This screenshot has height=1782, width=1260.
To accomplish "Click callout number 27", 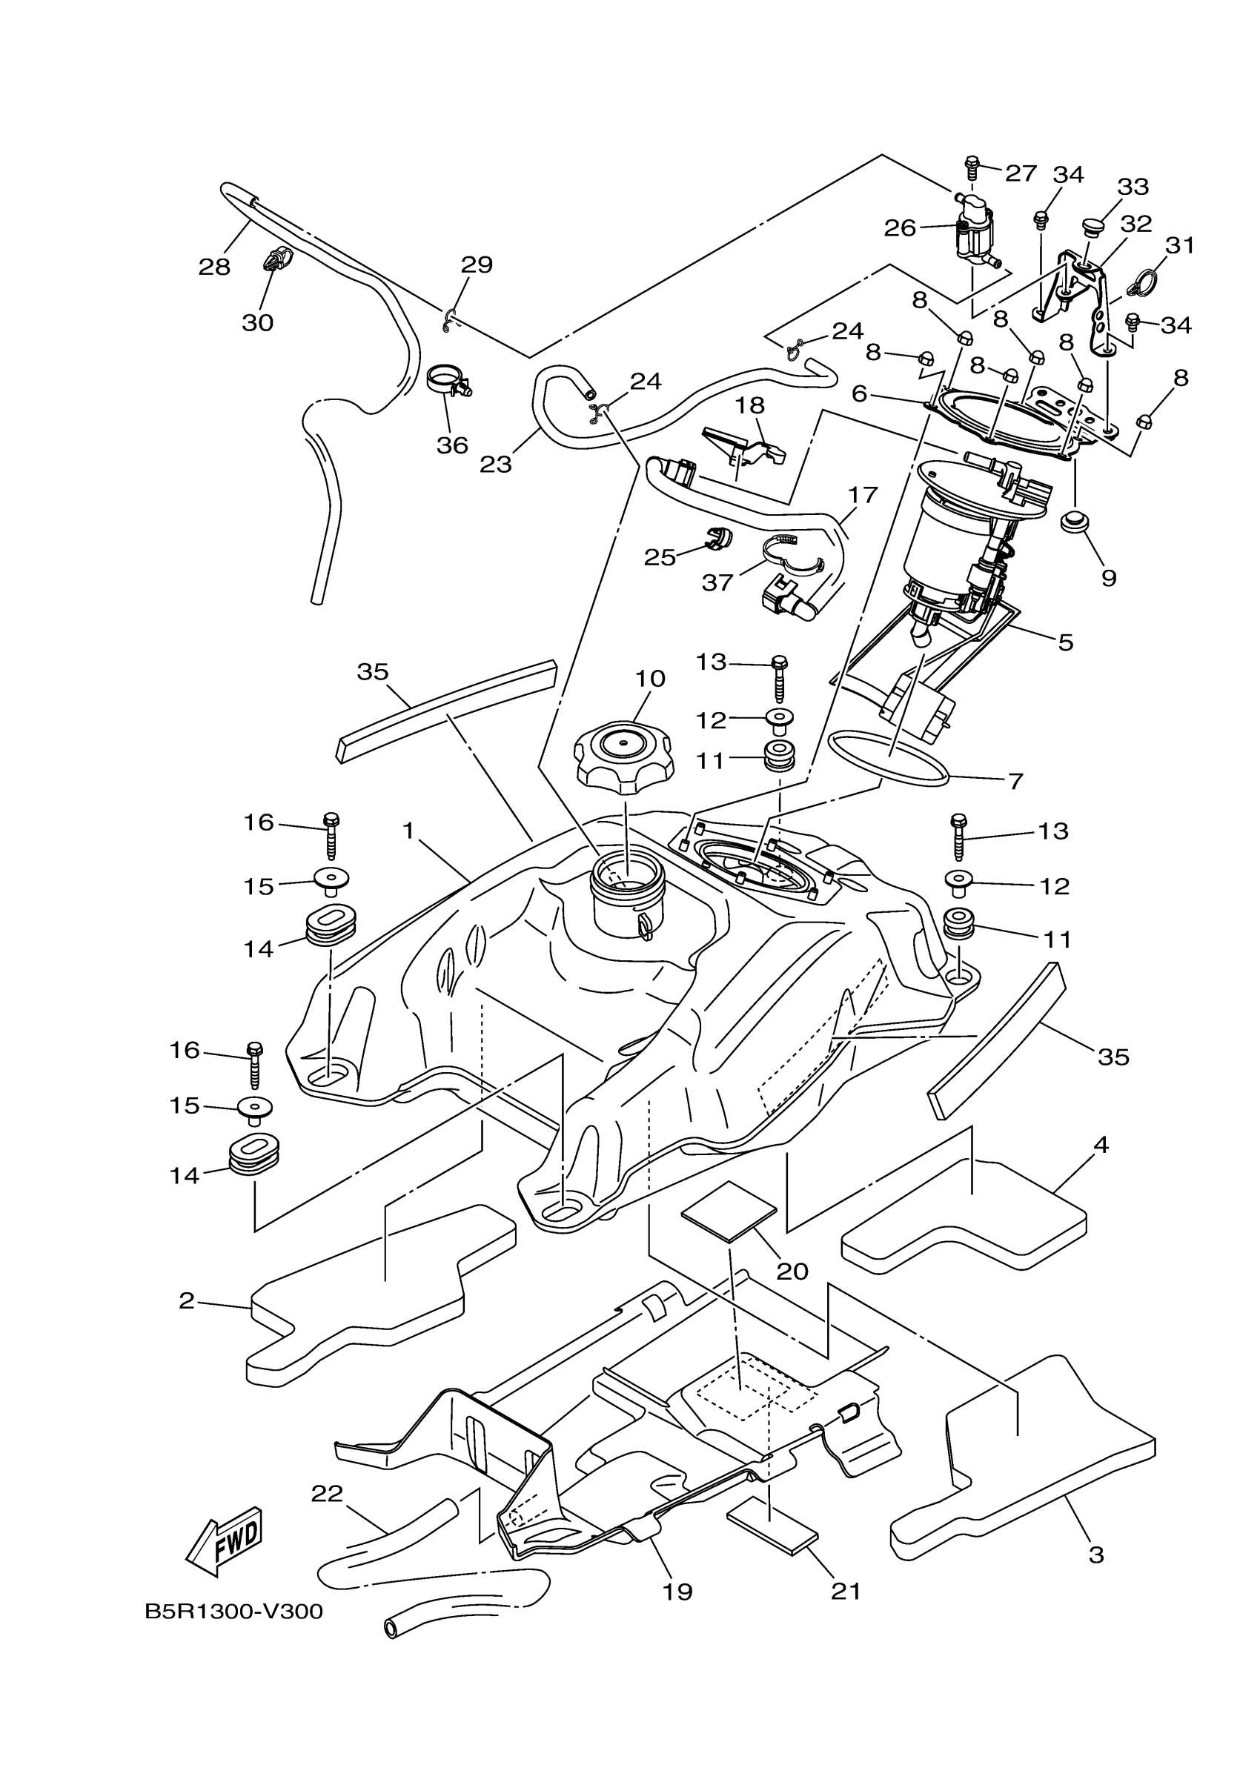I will coord(1021,173).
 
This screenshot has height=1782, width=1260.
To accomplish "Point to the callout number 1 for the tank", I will coord(408,831).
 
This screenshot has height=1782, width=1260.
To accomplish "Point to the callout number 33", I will coord(1133,187).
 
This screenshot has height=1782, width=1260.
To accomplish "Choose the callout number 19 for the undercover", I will coord(677,1592).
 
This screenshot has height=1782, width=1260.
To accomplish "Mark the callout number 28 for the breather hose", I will coord(214,267).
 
